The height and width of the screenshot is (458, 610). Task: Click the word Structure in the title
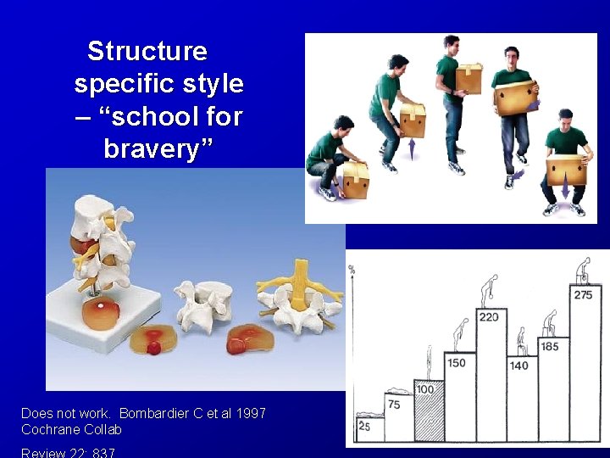[x=147, y=51]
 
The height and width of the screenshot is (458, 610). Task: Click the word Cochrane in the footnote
[x=51, y=429]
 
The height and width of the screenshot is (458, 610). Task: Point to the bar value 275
[x=583, y=295]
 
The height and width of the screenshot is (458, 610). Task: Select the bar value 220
[x=489, y=317]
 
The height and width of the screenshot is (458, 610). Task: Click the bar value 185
[x=549, y=346]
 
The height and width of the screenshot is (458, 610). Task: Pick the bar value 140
[x=518, y=366]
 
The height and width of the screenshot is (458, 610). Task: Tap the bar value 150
[x=456, y=363]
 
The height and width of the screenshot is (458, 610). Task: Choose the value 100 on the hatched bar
[x=426, y=389]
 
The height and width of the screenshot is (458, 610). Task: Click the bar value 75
[x=394, y=405]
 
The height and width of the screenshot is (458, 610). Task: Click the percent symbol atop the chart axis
[x=351, y=270]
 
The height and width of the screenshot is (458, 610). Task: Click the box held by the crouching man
[x=355, y=179]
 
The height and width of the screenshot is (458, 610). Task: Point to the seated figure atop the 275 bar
[x=583, y=271]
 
